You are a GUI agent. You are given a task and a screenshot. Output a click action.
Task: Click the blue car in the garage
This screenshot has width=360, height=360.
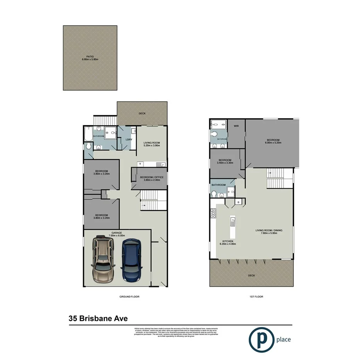[131, 260]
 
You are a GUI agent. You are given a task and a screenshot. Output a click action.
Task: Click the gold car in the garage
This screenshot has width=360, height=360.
[103, 259]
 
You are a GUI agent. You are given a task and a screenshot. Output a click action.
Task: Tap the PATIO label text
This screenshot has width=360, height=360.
[90, 58]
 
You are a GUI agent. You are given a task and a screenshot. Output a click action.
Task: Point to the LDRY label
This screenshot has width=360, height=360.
[124, 139]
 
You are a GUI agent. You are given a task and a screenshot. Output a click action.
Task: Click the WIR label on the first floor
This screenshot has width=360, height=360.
[236, 126]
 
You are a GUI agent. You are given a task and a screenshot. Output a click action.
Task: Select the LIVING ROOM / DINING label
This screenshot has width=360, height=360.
[269, 232]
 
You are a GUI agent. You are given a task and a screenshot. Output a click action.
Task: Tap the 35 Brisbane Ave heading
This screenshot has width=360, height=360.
[98, 319]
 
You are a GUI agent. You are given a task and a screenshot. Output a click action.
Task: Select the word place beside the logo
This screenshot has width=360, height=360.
[283, 340]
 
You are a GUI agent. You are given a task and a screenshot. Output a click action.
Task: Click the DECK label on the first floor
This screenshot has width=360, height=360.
[251, 275]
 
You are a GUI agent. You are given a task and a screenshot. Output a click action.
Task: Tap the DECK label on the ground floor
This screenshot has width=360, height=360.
[142, 114]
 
